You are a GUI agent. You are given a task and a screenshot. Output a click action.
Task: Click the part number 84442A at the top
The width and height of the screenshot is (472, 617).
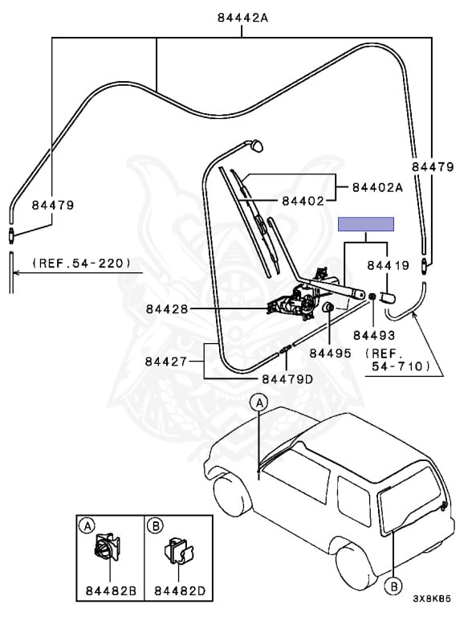click(x=242, y=18)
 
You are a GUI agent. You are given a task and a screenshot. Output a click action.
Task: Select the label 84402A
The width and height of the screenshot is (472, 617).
click(x=377, y=187)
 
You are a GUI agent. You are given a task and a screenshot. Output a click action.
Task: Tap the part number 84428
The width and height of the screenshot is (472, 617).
click(x=167, y=308)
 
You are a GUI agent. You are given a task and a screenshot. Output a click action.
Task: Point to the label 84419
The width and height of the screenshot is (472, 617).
click(x=389, y=266)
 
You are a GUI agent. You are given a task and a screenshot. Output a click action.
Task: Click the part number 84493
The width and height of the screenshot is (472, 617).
click(x=374, y=335)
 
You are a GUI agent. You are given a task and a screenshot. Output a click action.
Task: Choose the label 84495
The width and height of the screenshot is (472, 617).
click(x=330, y=353)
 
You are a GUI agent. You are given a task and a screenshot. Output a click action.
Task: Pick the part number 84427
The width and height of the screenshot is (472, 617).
click(x=166, y=362)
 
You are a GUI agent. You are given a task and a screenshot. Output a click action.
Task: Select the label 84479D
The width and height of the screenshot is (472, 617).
click(x=287, y=379)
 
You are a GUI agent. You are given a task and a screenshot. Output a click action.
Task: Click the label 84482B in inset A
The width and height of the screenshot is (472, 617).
click(x=111, y=590)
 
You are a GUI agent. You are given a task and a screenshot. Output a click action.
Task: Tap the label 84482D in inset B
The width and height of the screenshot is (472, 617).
click(x=180, y=590)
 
